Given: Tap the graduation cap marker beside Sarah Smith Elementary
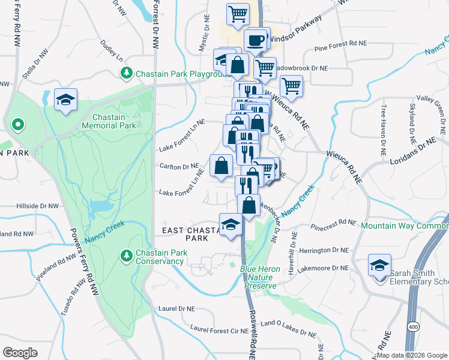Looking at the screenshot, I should click(x=380, y=265).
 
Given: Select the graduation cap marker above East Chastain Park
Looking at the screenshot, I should click(x=230, y=225).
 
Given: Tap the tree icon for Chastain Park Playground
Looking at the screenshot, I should click(x=127, y=73).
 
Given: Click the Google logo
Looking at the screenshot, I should click(x=20, y=352).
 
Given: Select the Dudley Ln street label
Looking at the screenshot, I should click(x=112, y=52).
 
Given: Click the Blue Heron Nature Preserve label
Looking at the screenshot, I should click(x=261, y=277).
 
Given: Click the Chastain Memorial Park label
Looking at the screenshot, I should click(x=115, y=121).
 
